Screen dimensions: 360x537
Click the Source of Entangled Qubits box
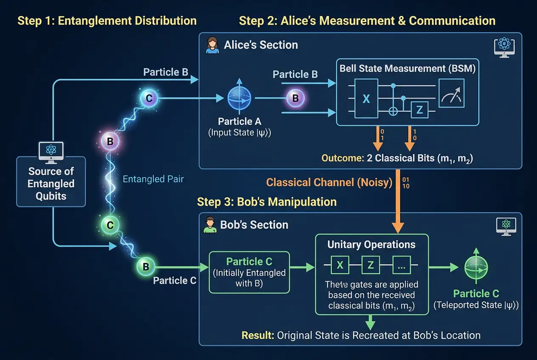51,183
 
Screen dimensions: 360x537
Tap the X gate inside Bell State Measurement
366,99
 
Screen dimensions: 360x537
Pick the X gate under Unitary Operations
340,265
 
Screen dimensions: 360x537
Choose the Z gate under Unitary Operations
370,265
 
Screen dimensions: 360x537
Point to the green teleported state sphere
476,267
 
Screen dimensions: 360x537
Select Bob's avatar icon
209,225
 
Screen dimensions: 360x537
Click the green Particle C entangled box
249,272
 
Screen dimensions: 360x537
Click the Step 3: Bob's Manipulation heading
267,202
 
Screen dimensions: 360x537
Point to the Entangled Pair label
153,179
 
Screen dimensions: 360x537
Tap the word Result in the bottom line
257,335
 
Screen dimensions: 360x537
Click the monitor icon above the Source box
51,151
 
